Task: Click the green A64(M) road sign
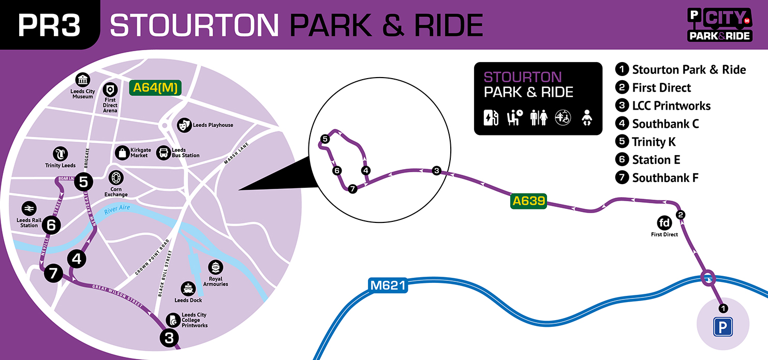155,87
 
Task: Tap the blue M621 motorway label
388,285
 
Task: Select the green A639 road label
528,201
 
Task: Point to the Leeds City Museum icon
82,80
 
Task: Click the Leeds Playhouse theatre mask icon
183,125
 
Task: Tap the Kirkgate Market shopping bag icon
122,153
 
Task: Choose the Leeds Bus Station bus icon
164,153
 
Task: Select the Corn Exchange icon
115,178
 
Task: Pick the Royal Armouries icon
215,267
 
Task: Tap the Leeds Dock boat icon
188,289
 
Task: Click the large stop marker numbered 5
85,182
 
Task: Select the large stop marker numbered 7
53,273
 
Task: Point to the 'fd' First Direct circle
664,223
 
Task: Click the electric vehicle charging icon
490,118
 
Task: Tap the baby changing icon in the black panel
587,118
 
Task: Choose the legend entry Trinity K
654,142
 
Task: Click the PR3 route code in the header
49,25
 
